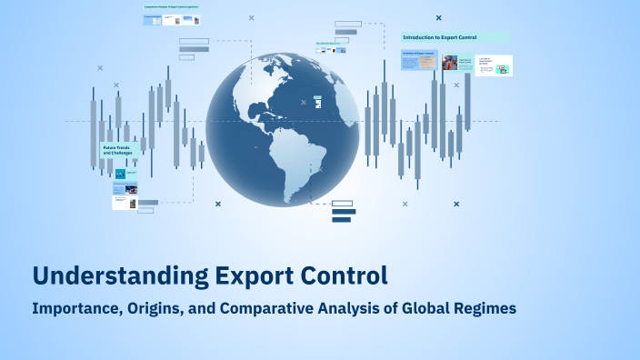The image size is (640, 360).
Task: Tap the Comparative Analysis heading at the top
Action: [x=172, y=7]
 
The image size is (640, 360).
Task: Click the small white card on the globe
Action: [x=316, y=101]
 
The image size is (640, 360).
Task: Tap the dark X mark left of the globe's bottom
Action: [x=218, y=204]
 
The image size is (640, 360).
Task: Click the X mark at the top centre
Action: [x=251, y=17]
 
